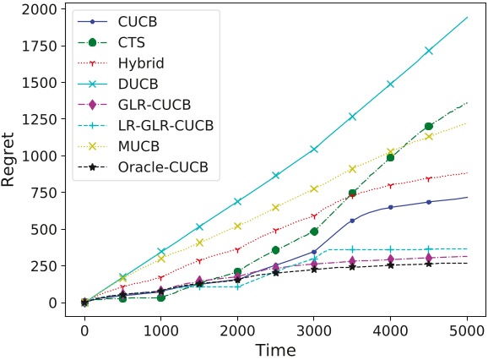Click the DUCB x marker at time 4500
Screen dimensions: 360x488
click(429, 51)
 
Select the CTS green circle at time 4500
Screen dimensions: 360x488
click(429, 126)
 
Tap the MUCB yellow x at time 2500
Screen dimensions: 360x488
click(275, 207)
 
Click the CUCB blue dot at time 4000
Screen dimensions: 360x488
click(390, 207)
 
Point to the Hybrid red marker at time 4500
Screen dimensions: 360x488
click(429, 179)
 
